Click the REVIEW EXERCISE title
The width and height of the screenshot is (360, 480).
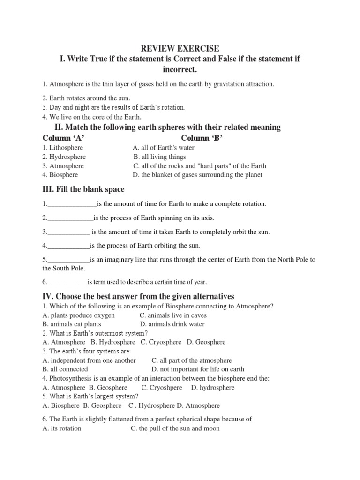180,49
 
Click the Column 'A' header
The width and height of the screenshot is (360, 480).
63,138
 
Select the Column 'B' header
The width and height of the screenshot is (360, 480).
202,138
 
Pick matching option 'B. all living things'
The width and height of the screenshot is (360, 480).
159,157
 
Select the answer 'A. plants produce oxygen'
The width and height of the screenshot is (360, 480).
78,315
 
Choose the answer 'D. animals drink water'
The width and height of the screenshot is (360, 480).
172,324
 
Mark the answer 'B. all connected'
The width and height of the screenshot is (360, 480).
65,369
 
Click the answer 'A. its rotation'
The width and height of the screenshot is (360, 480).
61,428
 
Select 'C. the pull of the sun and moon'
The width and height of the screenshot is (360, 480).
175,428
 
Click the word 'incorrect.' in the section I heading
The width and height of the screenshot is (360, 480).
180,70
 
